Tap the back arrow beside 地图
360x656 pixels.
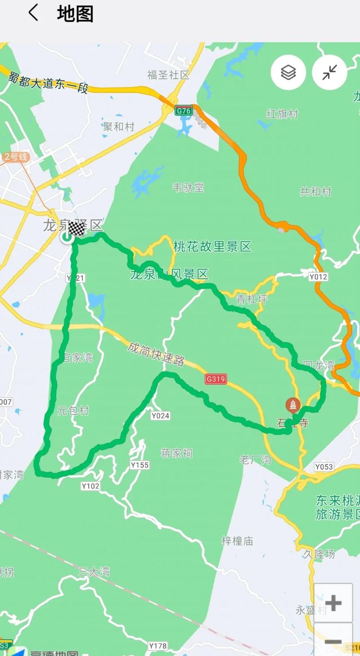(x=33, y=13)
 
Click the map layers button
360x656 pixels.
(x=288, y=72)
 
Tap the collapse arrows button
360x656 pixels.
(x=330, y=72)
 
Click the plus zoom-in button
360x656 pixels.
(x=333, y=603)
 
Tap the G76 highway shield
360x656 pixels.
(x=184, y=110)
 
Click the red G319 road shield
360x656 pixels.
(x=216, y=379)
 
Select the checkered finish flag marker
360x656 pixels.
(x=77, y=229)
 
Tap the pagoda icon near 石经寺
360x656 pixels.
(x=293, y=405)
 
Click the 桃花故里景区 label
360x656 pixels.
(x=212, y=247)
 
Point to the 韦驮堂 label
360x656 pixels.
(x=188, y=187)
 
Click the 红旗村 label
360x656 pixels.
(x=282, y=114)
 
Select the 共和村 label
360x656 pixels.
(x=315, y=191)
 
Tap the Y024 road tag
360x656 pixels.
(x=160, y=416)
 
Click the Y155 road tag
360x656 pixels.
(x=139, y=465)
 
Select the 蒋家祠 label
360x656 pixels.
(x=176, y=453)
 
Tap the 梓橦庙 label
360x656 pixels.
(x=237, y=541)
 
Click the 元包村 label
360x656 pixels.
(x=73, y=410)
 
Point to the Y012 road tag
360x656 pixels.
(x=318, y=277)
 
